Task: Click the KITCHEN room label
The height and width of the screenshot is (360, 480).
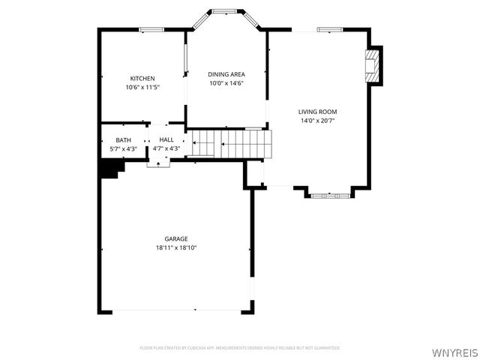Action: (142, 79)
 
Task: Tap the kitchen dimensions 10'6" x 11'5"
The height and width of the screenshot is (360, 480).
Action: (142, 87)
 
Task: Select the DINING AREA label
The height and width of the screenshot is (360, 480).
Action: (226, 74)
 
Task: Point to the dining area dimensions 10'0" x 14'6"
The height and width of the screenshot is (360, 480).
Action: (226, 82)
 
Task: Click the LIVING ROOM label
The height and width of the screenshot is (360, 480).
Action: (317, 112)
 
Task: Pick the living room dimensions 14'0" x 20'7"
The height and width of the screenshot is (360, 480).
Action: (317, 120)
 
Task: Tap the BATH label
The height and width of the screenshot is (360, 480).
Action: (123, 140)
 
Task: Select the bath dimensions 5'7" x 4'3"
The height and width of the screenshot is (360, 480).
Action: (123, 148)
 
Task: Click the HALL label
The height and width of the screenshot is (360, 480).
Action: (166, 140)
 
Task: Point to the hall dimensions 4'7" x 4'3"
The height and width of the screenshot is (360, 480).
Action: (166, 148)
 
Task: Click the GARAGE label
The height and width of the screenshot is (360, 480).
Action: (176, 239)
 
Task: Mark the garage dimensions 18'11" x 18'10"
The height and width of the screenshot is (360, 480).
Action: (176, 247)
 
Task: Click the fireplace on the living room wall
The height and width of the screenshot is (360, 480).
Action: (372, 65)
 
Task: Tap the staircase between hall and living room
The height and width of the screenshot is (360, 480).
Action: (229, 144)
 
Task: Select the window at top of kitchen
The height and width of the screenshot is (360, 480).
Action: (151, 30)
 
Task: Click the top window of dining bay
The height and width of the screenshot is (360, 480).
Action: (224, 11)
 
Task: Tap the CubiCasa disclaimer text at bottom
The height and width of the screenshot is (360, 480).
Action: (240, 348)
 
